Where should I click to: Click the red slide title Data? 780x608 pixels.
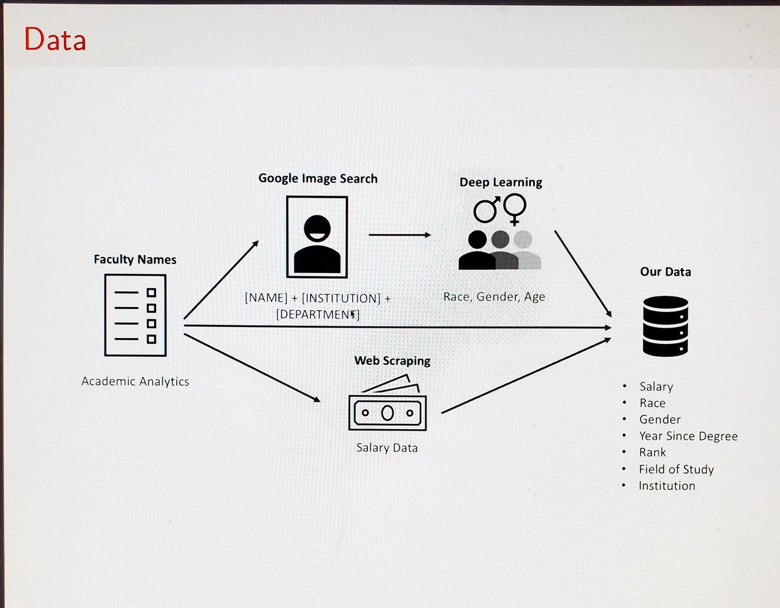coord(55,38)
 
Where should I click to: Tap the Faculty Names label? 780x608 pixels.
coord(135,259)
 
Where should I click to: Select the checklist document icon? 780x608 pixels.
coord(135,315)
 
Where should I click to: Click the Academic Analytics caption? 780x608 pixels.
coord(135,382)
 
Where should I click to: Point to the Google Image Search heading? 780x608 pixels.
coord(318,178)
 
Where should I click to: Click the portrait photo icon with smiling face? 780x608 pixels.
coord(317,237)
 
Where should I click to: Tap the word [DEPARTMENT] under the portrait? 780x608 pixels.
coord(318,314)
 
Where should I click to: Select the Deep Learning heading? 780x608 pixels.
coord(500,183)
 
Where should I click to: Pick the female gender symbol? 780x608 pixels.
coord(515,209)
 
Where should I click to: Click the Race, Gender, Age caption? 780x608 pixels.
coord(494,297)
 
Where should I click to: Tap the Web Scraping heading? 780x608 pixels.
coord(393,361)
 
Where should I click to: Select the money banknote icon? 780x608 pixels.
coord(387,403)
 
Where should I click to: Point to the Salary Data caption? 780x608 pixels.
coord(387,448)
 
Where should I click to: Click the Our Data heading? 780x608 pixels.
coord(666,272)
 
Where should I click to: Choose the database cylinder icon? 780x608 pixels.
coord(666,326)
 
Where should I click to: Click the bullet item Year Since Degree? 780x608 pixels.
coord(688,436)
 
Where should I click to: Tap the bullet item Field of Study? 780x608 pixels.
coord(676,469)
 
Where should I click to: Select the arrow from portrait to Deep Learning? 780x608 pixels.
coord(400,235)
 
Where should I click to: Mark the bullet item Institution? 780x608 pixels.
coord(667,486)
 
